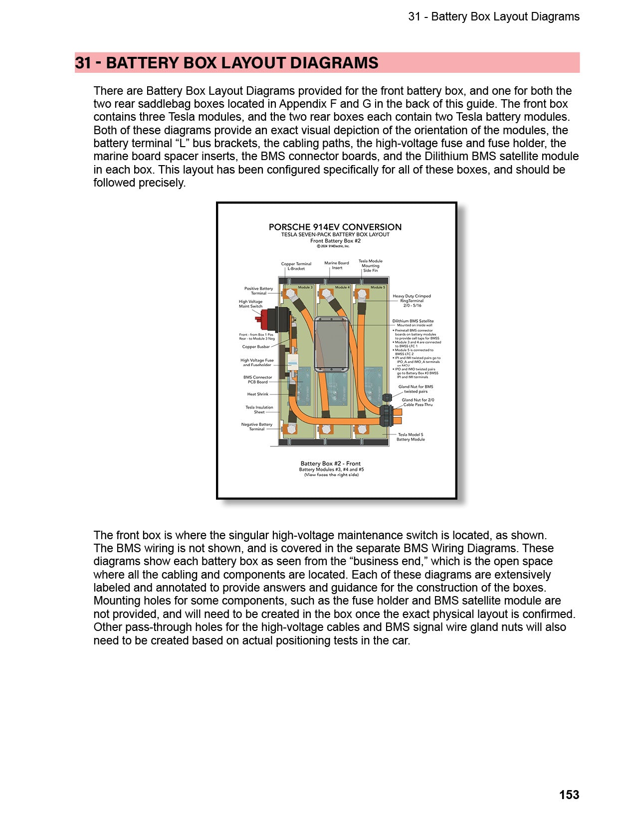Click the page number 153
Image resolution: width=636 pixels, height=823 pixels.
click(569, 795)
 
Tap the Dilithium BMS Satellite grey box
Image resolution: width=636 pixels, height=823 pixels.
click(331, 345)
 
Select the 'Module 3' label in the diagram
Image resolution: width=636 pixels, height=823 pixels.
click(305, 287)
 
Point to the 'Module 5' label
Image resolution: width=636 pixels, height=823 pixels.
click(378, 287)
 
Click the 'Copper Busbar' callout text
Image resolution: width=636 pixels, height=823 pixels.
click(255, 347)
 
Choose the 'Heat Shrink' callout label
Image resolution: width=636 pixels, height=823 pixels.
click(257, 394)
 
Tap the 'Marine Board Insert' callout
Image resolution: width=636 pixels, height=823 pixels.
click(337, 265)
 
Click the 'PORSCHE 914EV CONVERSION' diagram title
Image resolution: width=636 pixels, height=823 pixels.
click(335, 227)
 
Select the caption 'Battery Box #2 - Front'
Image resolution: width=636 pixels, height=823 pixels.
click(330, 463)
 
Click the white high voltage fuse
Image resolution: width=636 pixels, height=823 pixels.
click(292, 362)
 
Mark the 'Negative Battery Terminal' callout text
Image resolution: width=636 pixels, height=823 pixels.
click(256, 426)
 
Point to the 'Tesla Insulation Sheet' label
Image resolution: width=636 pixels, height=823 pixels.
click(259, 410)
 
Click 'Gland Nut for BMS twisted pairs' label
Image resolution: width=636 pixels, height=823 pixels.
click(416, 389)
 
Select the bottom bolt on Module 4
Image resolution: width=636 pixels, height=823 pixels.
click(325, 429)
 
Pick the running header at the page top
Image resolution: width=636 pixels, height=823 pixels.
click(493, 16)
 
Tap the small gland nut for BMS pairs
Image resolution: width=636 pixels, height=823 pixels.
click(386, 398)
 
